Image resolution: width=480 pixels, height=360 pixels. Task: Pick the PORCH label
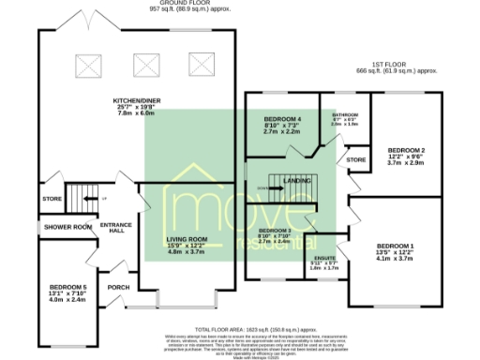pos(119,288)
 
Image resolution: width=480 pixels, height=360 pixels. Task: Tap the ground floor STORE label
pos(52,199)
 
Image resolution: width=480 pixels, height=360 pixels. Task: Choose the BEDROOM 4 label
pos(282,120)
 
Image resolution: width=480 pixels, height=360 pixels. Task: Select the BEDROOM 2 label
pos(407,150)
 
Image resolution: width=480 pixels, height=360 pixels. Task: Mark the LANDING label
pos(298,180)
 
